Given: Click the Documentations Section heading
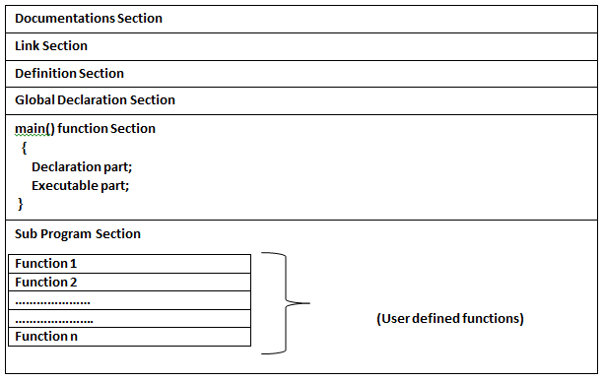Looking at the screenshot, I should (89, 19).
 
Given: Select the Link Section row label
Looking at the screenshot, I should (51, 46).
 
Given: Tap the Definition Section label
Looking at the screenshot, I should (69, 73).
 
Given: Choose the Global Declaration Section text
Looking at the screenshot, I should (95, 99).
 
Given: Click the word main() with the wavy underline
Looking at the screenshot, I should (34, 129).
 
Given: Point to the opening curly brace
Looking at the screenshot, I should (24, 148).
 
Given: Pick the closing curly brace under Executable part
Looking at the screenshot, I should (21, 203).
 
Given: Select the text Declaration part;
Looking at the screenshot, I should (82, 166).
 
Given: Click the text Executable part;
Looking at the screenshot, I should (81, 185).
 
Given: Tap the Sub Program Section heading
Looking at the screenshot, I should (78, 233).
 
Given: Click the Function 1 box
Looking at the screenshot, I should (129, 264).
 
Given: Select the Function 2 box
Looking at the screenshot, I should (129, 283).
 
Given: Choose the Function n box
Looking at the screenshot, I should (129, 337).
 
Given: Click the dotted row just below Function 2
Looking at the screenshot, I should (129, 300).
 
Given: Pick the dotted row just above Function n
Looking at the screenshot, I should (129, 319).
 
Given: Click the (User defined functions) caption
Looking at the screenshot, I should (450, 319).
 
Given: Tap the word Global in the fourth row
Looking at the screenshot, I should (35, 99).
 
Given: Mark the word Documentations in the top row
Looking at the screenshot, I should (61, 19).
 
